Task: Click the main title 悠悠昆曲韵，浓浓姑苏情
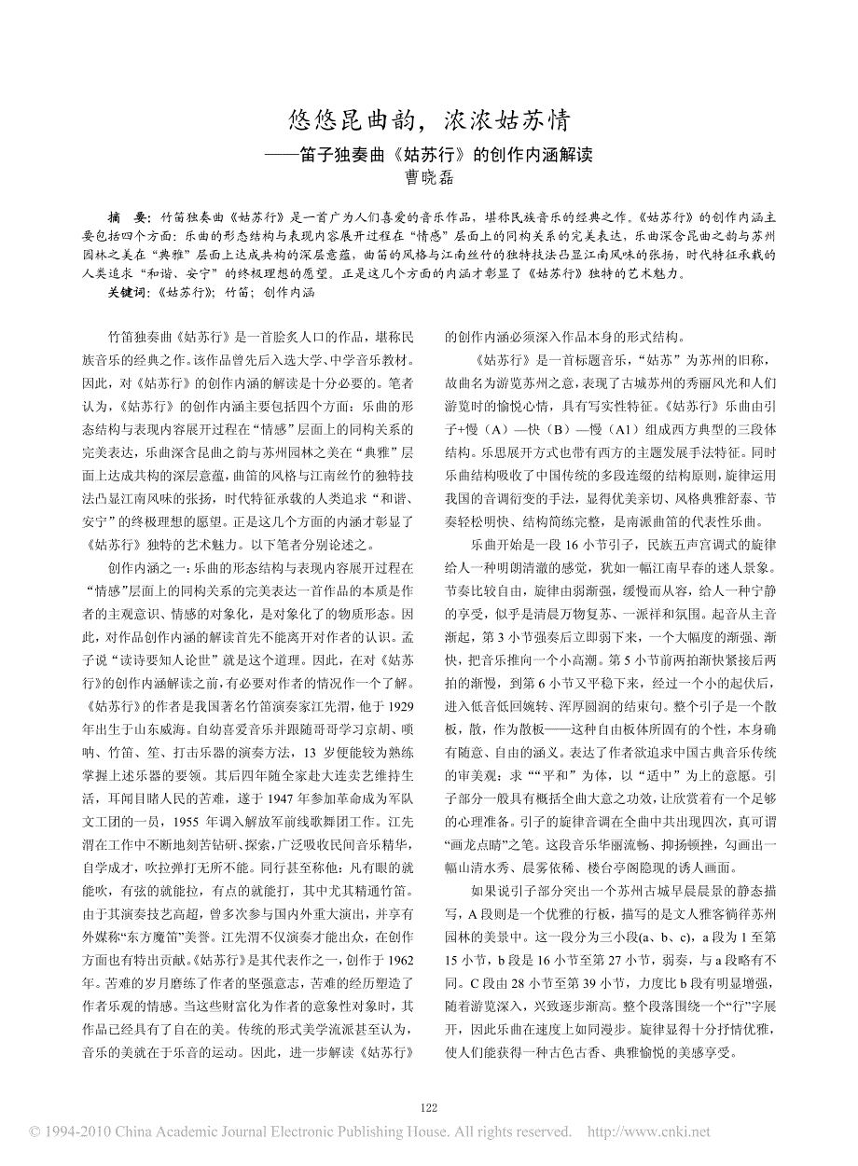[429, 120]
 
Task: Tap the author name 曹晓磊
[429, 174]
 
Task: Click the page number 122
[429, 1107]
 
